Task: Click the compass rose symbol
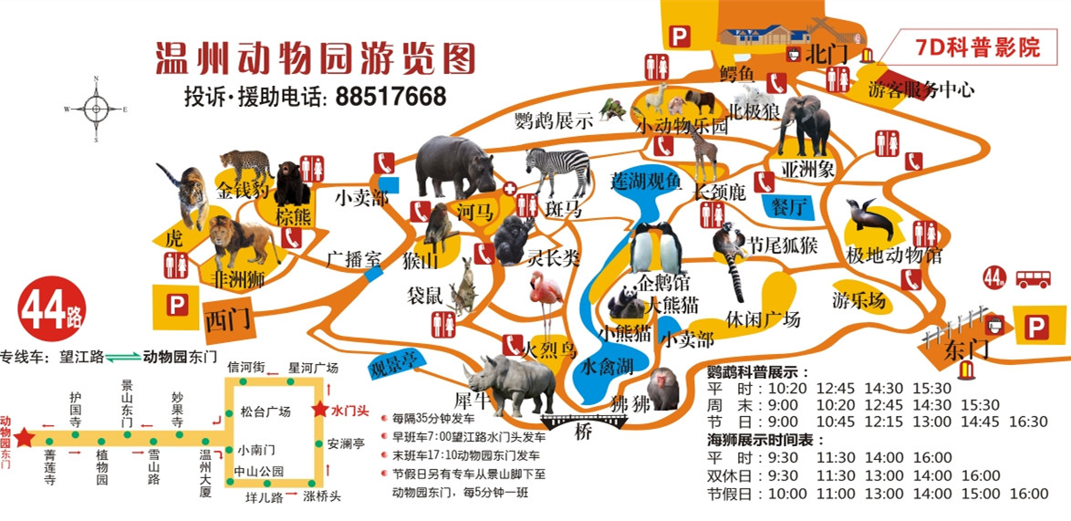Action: [x=96, y=109]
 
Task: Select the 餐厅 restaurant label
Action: [x=790, y=206]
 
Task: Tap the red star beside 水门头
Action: [x=319, y=410]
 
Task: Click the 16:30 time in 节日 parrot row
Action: [x=1029, y=422]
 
